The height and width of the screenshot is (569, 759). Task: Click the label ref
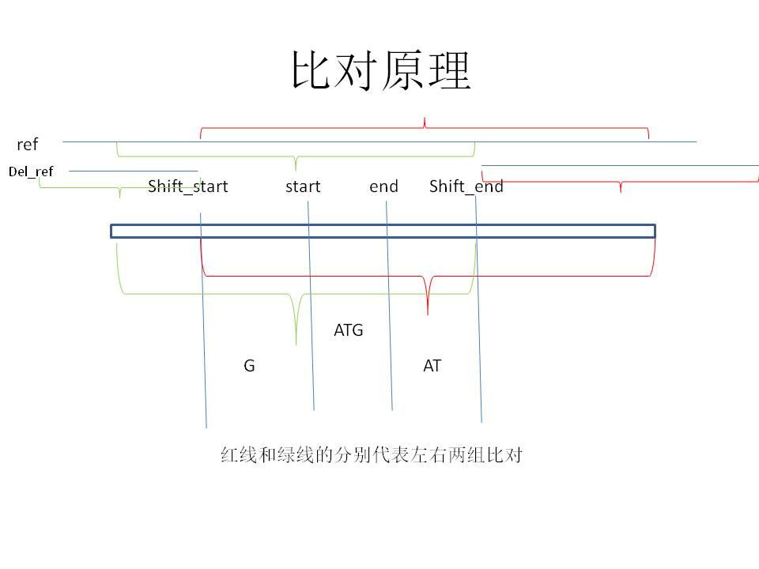click(28, 145)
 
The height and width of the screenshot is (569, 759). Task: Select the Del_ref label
click(32, 171)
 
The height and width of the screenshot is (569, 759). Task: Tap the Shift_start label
click(187, 187)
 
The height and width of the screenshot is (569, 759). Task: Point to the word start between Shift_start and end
click(303, 187)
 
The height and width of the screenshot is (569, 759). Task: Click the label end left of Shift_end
click(383, 187)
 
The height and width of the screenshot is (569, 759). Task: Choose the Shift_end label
click(466, 187)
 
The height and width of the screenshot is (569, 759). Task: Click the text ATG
click(349, 330)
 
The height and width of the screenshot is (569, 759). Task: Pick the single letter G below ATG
click(249, 366)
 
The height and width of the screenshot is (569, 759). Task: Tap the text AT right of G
click(432, 366)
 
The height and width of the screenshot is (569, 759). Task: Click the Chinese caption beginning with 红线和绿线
click(371, 456)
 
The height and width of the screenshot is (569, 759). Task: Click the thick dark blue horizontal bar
click(383, 231)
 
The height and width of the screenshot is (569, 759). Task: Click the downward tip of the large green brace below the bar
click(296, 344)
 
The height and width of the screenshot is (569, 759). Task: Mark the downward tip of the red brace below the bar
click(428, 314)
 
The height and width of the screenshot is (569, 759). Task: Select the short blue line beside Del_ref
click(133, 171)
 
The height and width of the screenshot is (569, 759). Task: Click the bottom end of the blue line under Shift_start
click(206, 427)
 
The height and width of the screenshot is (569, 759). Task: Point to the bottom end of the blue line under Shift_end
click(481, 422)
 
